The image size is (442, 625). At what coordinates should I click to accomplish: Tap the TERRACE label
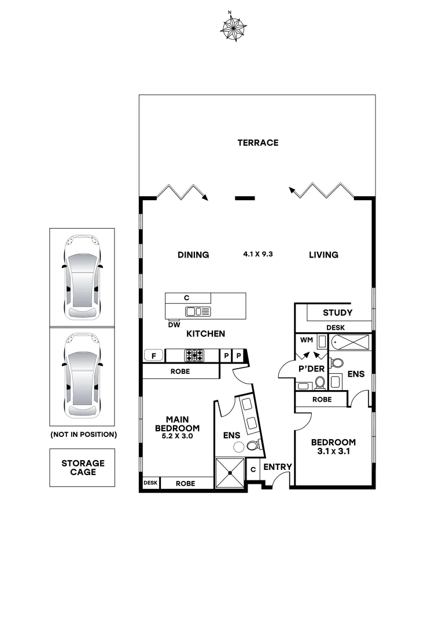tap(257, 142)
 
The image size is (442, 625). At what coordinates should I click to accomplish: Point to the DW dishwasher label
tap(174, 325)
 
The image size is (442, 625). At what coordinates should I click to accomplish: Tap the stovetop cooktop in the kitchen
tap(193, 355)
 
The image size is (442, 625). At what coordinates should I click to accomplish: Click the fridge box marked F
tap(154, 355)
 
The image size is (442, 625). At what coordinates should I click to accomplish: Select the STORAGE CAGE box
tap(83, 467)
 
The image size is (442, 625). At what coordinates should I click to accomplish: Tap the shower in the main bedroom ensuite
tap(230, 473)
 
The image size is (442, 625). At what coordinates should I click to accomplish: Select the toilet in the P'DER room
tap(319, 382)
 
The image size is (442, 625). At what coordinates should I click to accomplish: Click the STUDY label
tap(337, 313)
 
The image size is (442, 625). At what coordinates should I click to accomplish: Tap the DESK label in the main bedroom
tap(150, 483)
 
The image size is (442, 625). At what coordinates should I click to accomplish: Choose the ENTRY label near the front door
tap(278, 467)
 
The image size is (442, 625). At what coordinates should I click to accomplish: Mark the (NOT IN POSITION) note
tap(83, 434)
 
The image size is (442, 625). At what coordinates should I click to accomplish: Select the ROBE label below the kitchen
tap(180, 372)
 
